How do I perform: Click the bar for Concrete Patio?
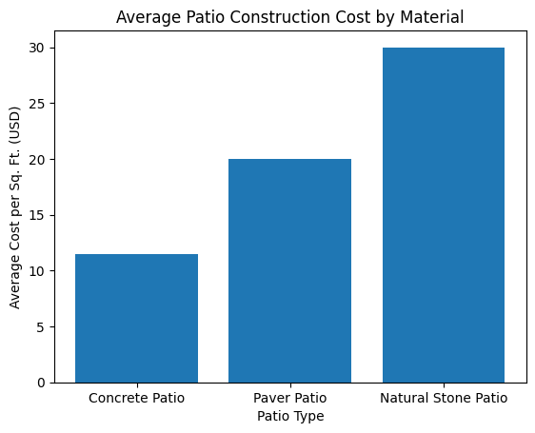pos(136,318)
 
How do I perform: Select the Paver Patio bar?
pos(289,270)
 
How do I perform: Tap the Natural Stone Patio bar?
pos(443,215)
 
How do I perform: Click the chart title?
pos(289,16)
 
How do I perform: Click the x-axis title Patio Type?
pos(289,416)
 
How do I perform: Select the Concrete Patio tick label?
pos(136,398)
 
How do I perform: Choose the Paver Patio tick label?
pos(289,398)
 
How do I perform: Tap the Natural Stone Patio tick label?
pos(443,398)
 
